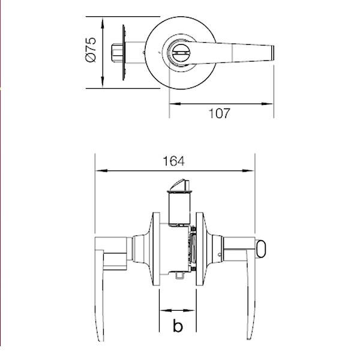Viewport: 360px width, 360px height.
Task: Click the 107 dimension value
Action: coord(219,113)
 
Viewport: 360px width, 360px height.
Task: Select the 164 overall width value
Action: coord(173,161)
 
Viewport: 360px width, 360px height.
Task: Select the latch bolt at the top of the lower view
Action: coord(179,183)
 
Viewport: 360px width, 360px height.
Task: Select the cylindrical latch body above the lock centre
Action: coord(178,207)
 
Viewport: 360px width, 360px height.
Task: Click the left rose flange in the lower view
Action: coord(155,246)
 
